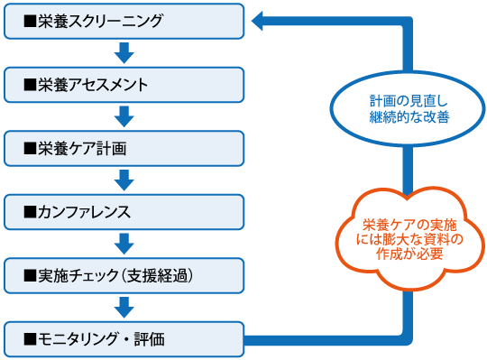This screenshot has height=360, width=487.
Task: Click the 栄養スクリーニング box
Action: (x=124, y=22)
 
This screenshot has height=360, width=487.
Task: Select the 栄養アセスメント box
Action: (x=124, y=85)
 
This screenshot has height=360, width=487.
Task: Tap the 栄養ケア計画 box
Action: (x=124, y=149)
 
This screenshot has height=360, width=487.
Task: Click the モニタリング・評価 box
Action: (x=124, y=340)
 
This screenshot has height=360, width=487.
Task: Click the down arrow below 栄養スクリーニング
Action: (x=124, y=53)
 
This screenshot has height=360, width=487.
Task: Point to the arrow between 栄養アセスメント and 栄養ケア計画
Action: (x=124, y=117)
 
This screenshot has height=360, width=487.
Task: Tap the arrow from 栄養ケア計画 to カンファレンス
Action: (x=124, y=180)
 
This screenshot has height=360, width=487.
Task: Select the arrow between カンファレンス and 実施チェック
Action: (x=124, y=245)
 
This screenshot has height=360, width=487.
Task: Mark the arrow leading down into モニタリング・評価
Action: (x=124, y=308)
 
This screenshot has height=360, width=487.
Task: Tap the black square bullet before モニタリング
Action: (x=30, y=340)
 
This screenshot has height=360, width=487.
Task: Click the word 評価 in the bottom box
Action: (x=149, y=340)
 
